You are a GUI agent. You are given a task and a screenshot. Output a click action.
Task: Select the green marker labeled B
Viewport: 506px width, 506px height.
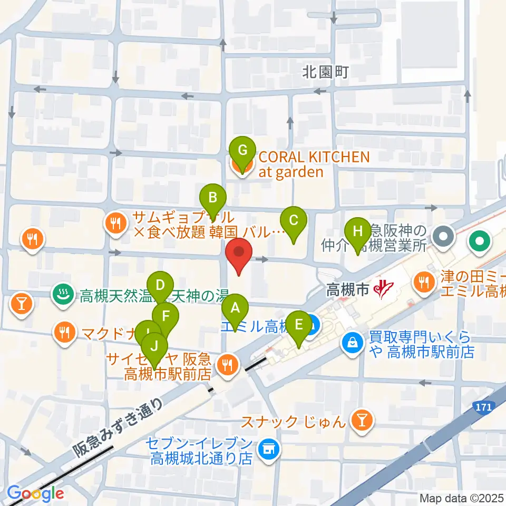pos(213,198)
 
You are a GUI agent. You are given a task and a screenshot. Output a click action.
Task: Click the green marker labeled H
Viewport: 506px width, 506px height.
pos(358,231)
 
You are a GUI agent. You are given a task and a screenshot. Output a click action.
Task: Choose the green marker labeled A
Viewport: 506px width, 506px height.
pos(236,308)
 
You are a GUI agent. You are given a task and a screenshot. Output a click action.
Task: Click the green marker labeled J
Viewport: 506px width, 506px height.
pos(154,346)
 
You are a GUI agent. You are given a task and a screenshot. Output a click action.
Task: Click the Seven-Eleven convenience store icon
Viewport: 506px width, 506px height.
pos(269,449)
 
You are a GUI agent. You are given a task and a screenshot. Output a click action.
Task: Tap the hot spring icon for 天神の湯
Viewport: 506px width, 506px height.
pos(63,295)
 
